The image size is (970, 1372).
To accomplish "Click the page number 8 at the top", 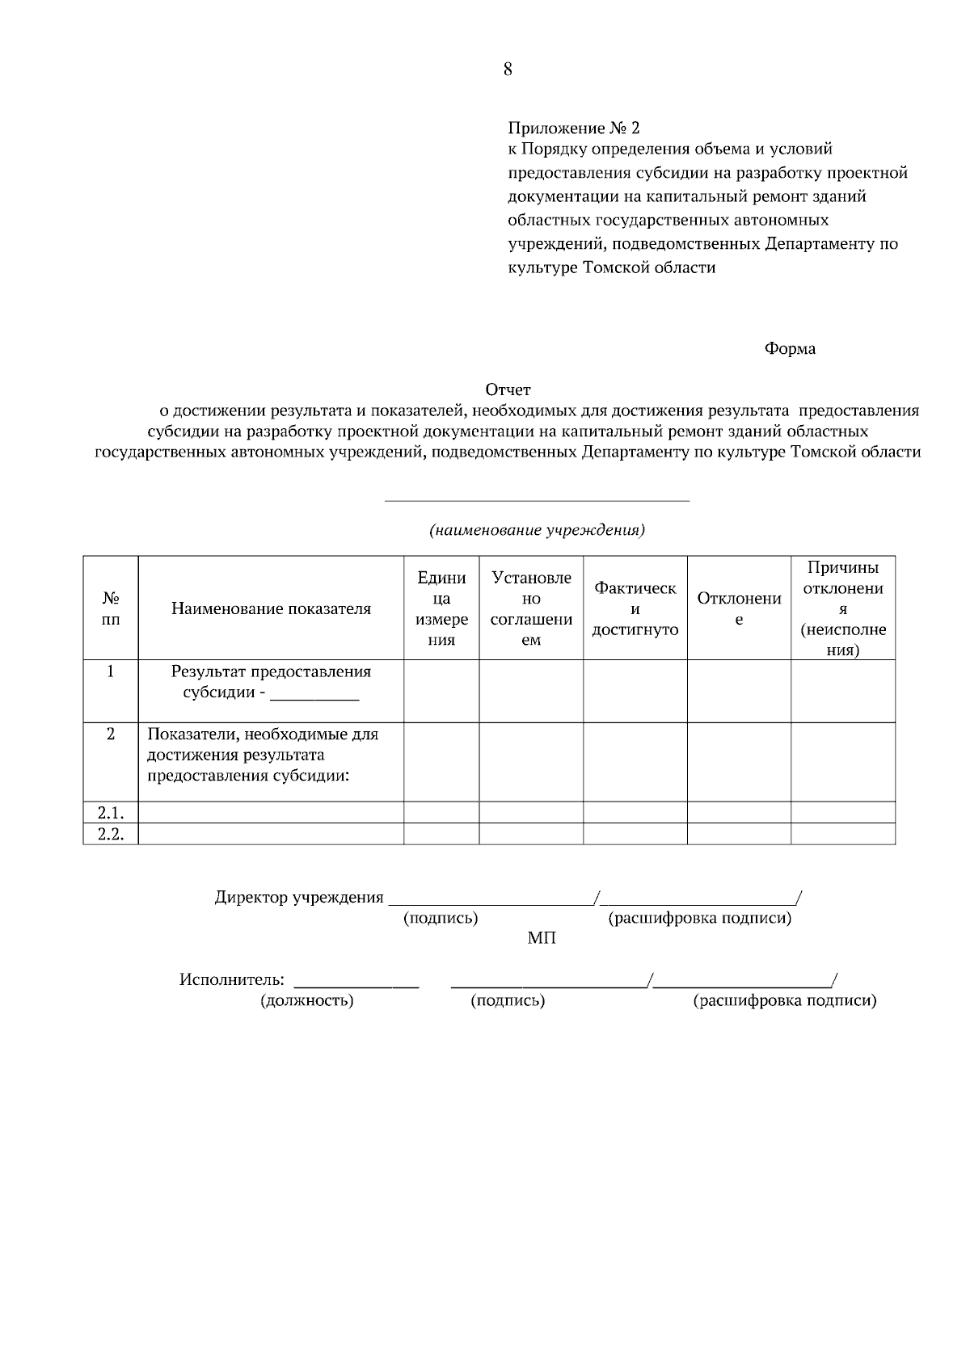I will (x=508, y=69).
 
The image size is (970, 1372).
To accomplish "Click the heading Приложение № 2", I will (x=573, y=128).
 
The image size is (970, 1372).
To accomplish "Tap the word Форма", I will (x=790, y=349).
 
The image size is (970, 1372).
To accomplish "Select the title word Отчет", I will (x=508, y=391).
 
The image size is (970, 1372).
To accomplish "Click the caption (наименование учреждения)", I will (x=537, y=531).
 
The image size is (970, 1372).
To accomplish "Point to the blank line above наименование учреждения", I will (x=537, y=500).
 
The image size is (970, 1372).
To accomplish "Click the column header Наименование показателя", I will (x=271, y=609).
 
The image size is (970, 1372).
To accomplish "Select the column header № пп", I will (x=111, y=609).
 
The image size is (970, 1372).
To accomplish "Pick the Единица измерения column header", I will (x=441, y=609).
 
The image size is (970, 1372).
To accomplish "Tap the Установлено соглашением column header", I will (x=531, y=609).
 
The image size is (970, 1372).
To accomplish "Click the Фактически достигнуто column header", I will (x=635, y=609).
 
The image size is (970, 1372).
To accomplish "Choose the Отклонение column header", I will (x=739, y=609).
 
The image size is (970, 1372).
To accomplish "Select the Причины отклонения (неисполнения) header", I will (x=842, y=609).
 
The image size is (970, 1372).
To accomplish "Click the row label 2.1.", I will (x=111, y=813).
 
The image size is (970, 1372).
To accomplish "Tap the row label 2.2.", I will (x=111, y=835).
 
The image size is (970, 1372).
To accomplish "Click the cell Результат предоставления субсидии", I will (x=271, y=682).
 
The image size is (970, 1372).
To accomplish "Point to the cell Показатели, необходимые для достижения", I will (x=263, y=755).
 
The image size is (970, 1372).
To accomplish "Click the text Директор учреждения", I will (x=299, y=898).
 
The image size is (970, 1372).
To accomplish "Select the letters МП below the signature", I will (x=542, y=939).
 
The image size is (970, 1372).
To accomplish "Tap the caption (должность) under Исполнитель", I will (x=306, y=1001).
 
